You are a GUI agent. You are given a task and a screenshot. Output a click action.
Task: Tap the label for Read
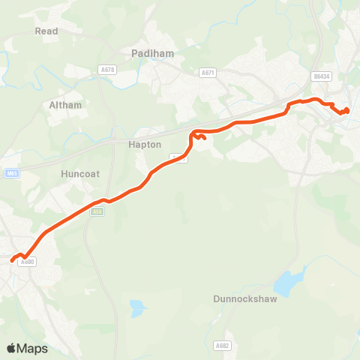[x=46, y=31]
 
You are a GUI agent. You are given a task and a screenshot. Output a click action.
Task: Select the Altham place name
[x=65, y=105]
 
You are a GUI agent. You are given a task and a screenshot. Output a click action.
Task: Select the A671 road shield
[x=208, y=73]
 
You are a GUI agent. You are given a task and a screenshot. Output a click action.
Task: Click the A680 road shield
[x=28, y=262]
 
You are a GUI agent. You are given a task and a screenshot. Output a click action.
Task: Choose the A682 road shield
[x=221, y=346]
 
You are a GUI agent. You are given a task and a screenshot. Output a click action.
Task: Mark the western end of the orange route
[x=12, y=261]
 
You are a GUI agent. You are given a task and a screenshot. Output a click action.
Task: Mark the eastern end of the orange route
[x=347, y=110]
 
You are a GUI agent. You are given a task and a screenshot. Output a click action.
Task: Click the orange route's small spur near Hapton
[x=202, y=137]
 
